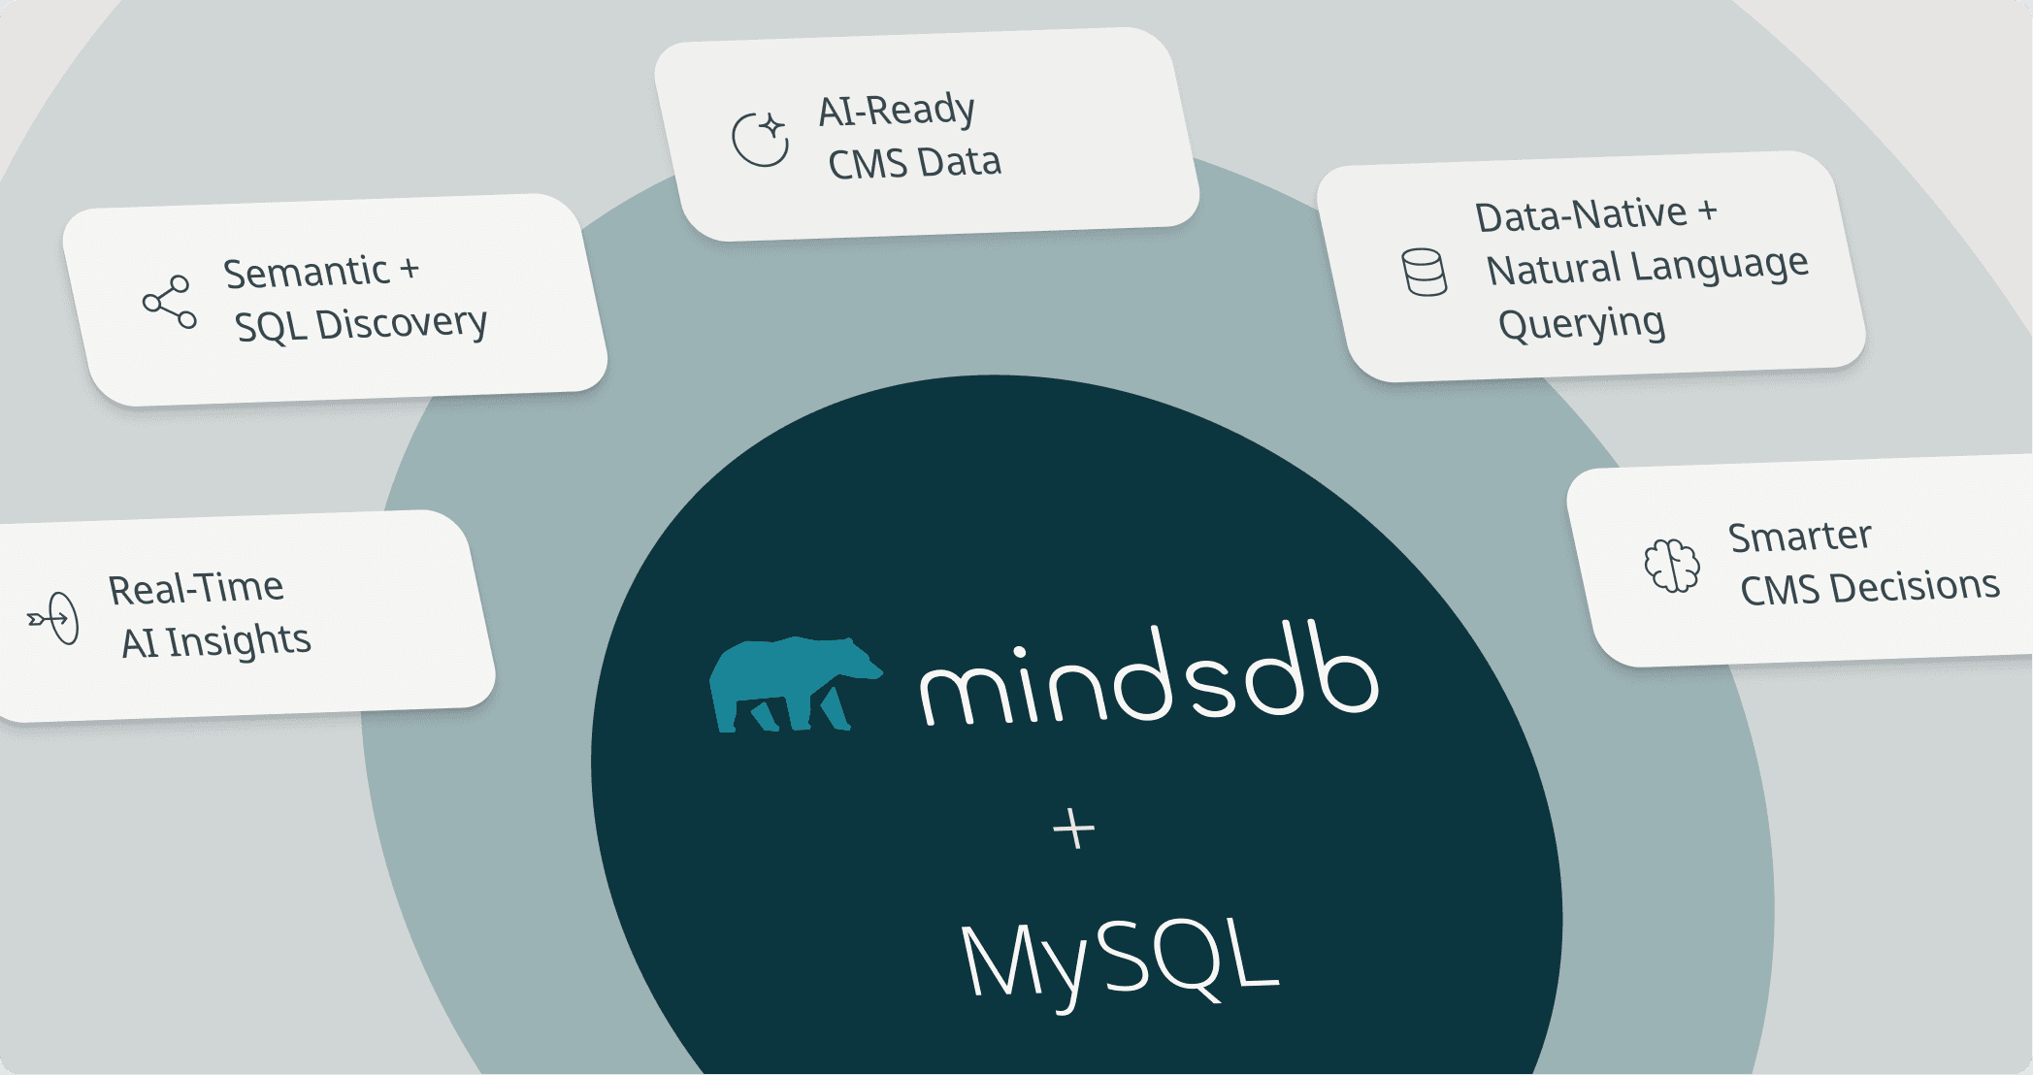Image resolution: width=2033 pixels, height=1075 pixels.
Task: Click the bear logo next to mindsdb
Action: [791, 684]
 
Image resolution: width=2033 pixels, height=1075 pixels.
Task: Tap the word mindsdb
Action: [1149, 680]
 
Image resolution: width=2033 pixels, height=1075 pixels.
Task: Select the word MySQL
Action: [1120, 960]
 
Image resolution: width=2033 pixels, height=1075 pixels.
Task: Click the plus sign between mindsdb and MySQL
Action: [1073, 830]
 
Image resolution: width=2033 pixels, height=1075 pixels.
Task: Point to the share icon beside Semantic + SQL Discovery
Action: [170, 302]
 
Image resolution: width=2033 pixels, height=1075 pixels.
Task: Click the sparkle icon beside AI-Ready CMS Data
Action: [761, 139]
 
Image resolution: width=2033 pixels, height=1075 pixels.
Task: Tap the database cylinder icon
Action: [1425, 273]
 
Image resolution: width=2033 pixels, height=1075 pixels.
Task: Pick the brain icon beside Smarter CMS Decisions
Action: [1672, 565]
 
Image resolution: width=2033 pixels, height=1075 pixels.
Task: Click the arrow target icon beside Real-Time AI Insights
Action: [54, 618]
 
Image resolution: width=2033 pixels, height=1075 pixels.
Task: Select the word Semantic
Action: [307, 273]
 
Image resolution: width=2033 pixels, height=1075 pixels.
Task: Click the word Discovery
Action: [402, 323]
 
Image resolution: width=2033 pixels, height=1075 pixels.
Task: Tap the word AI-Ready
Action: [897, 111]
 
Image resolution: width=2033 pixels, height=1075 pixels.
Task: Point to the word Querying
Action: [1582, 324]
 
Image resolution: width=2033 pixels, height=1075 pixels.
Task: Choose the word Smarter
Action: [1800, 537]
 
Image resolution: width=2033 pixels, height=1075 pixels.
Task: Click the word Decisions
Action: [1916, 586]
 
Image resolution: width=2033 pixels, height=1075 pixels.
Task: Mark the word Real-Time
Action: [196, 589]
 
